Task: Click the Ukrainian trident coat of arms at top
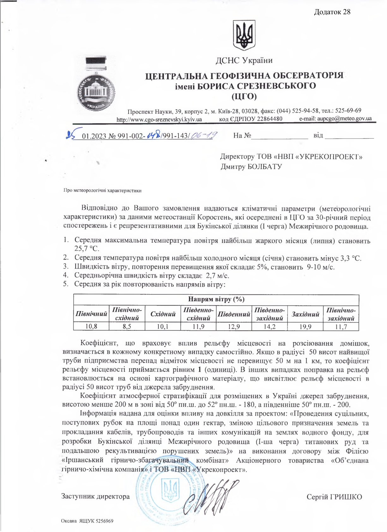(244, 35)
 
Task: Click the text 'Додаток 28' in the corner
(332, 12)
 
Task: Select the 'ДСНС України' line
(244, 60)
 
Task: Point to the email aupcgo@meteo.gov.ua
(344, 119)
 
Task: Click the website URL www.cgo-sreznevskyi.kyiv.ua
(159, 120)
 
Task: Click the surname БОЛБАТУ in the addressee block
(265, 166)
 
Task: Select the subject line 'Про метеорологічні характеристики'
(102, 190)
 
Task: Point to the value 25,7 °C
(87, 249)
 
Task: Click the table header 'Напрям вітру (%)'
(216, 299)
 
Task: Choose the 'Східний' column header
(163, 314)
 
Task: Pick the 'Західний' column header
(305, 314)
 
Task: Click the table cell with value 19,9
(305, 327)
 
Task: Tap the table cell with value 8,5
(127, 326)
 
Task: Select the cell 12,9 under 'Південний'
(234, 327)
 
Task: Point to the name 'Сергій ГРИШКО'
(334, 497)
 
